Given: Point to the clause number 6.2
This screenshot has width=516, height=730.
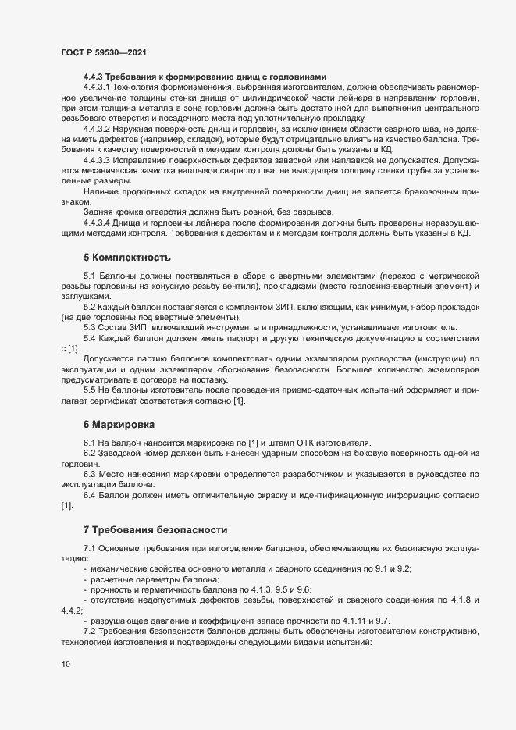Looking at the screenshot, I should click(88, 454).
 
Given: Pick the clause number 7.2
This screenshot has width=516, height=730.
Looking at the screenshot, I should click(88, 629).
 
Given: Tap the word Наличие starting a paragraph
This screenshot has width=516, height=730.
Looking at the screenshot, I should click(101, 191).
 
